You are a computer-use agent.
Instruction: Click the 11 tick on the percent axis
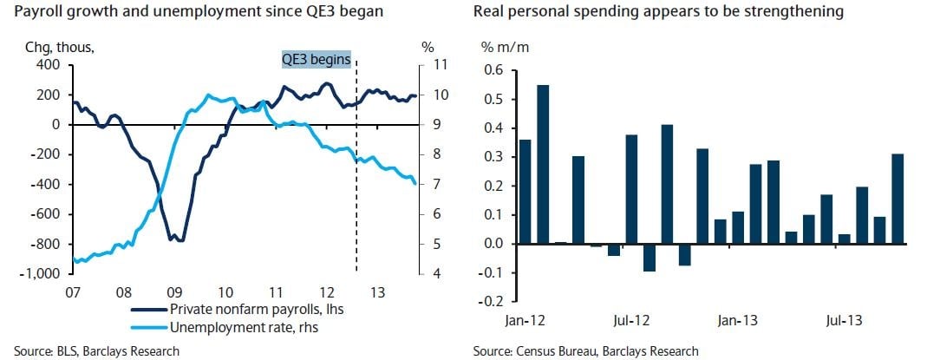coord(439,65)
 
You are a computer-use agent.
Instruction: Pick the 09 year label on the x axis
coord(174,291)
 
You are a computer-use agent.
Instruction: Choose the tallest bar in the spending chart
coord(544,164)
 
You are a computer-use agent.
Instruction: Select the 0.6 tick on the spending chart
coord(493,70)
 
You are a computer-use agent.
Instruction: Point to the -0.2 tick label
coord(491,302)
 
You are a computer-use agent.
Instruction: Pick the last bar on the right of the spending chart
coord(897,199)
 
